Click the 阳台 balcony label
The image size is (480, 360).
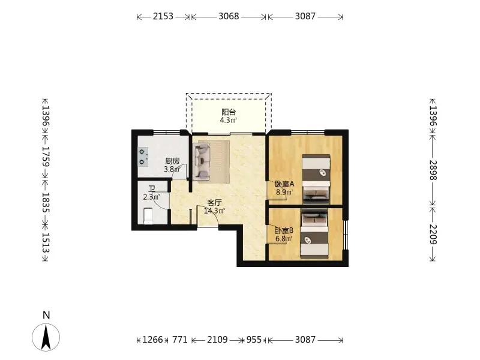click(x=229, y=112)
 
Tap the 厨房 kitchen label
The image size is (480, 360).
click(x=172, y=161)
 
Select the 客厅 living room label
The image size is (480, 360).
click(x=215, y=203)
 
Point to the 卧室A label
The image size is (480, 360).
click(x=284, y=184)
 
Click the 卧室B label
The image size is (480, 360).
click(x=284, y=230)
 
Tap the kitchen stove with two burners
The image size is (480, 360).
click(x=142, y=157)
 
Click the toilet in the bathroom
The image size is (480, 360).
click(x=148, y=215)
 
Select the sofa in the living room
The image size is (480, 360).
click(x=202, y=161)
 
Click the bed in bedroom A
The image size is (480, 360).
click(x=316, y=179)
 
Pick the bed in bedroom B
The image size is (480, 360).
click(x=314, y=233)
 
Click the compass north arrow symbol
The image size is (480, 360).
click(x=46, y=337)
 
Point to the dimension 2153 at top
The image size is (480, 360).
click(x=163, y=16)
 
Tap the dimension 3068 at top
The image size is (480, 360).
click(x=229, y=16)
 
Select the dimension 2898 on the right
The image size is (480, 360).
click(x=433, y=170)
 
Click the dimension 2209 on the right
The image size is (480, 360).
click(x=433, y=234)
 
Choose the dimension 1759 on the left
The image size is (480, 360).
click(x=46, y=156)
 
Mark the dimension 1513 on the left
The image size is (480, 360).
click(x=46, y=243)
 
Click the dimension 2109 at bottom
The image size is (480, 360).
click(x=217, y=340)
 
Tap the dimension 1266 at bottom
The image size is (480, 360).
click(x=153, y=340)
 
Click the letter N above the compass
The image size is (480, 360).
click(x=46, y=315)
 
